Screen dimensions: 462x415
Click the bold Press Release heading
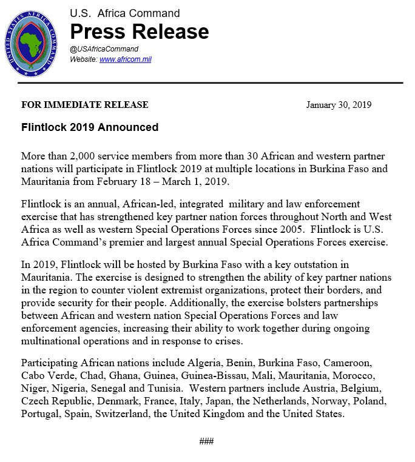(140, 32)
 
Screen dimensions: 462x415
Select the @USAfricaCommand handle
(104, 49)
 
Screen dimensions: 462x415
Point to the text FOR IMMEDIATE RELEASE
(84, 105)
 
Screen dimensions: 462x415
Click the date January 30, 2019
(339, 105)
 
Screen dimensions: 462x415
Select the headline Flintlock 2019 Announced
(90, 127)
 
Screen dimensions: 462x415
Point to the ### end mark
(207, 441)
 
